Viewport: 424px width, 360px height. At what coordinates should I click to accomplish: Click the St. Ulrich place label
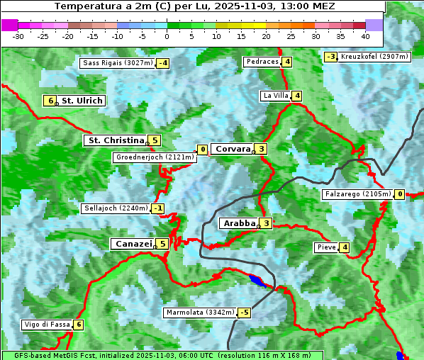(x=82, y=101)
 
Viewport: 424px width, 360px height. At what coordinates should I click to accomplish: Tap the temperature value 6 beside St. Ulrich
(x=49, y=101)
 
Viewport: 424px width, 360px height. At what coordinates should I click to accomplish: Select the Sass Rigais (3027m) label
(x=118, y=63)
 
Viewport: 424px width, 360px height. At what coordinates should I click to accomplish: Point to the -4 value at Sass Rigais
(x=163, y=63)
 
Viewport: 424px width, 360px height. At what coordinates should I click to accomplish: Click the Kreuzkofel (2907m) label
(x=374, y=56)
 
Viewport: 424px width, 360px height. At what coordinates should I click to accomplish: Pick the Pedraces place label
(x=262, y=62)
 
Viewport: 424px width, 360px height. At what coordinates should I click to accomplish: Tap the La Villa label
(x=275, y=96)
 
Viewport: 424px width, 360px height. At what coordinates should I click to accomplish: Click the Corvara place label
(x=233, y=149)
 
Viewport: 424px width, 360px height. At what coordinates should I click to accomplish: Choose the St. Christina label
(x=115, y=140)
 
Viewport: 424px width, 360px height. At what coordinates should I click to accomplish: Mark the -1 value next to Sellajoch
(x=158, y=208)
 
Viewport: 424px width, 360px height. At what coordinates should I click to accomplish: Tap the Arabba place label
(x=239, y=223)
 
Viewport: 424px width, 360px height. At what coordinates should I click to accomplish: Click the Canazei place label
(x=133, y=244)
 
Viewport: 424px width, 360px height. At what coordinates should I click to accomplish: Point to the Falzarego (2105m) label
(x=357, y=194)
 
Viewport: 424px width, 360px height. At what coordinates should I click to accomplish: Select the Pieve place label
(x=326, y=247)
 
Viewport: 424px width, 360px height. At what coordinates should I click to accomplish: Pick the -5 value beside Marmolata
(x=245, y=313)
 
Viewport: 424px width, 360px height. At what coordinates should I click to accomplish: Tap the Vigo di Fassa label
(x=47, y=325)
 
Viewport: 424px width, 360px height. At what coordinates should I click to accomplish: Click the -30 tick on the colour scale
(x=18, y=36)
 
